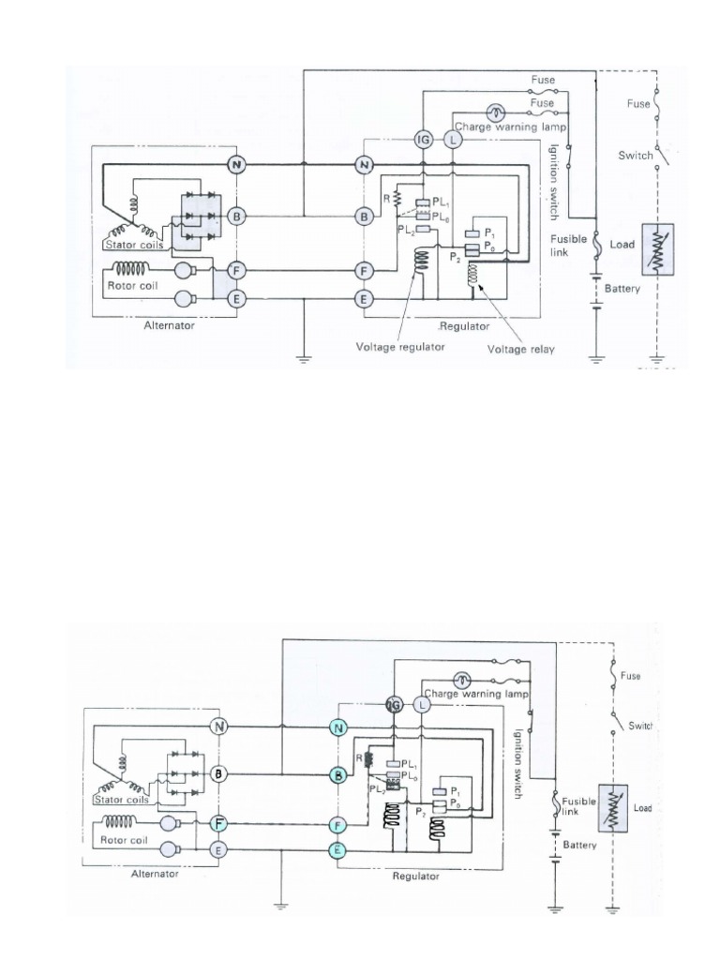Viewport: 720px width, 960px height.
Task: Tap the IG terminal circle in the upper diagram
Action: pyautogui.click(x=423, y=140)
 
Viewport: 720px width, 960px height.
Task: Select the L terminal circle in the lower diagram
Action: pyautogui.click(x=422, y=704)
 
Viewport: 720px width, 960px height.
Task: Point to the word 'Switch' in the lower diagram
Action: pyautogui.click(x=640, y=726)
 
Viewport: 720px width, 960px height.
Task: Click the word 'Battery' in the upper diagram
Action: pyautogui.click(x=622, y=289)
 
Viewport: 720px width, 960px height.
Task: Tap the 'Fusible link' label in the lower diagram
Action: pyautogui.click(x=579, y=810)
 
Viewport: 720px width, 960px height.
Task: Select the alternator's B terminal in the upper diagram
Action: pyautogui.click(x=237, y=217)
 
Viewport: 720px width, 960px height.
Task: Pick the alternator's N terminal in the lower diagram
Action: pyautogui.click(x=218, y=727)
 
